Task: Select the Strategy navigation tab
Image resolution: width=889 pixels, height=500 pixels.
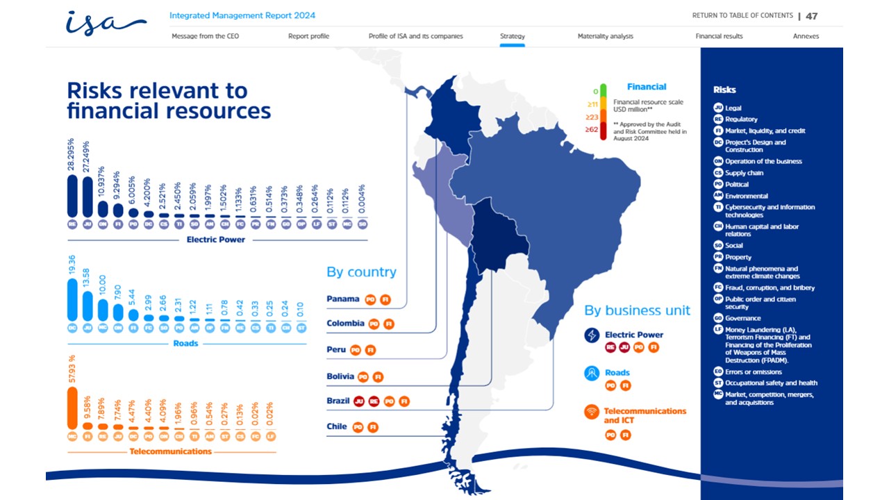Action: (x=512, y=36)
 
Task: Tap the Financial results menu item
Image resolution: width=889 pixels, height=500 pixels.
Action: (x=719, y=36)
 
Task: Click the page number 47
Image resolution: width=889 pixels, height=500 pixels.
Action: (x=811, y=16)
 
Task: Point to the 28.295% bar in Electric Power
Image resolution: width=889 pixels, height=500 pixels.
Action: (x=72, y=195)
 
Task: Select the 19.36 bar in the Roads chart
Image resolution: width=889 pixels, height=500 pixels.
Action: (x=72, y=300)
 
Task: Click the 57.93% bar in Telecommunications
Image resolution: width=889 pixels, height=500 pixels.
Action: (x=72, y=408)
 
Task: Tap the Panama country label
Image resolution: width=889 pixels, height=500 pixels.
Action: (x=343, y=299)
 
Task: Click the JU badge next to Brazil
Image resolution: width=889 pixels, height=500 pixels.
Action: (x=359, y=401)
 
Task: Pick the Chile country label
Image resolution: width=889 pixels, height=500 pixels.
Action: (x=337, y=426)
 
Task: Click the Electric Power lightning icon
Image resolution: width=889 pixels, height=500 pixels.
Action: (x=592, y=335)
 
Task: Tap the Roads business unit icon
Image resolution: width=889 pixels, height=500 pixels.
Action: (x=592, y=374)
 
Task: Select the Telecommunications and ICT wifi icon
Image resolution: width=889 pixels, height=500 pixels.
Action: (x=592, y=411)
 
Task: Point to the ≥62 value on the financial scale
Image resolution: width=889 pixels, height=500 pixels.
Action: (x=592, y=129)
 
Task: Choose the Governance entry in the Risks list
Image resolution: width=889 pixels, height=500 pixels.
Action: (x=742, y=318)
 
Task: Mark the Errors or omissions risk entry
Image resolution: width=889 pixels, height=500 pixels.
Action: (x=753, y=372)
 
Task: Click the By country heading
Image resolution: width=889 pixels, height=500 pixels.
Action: (x=361, y=272)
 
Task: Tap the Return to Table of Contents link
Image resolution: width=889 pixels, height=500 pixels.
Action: (x=742, y=16)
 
